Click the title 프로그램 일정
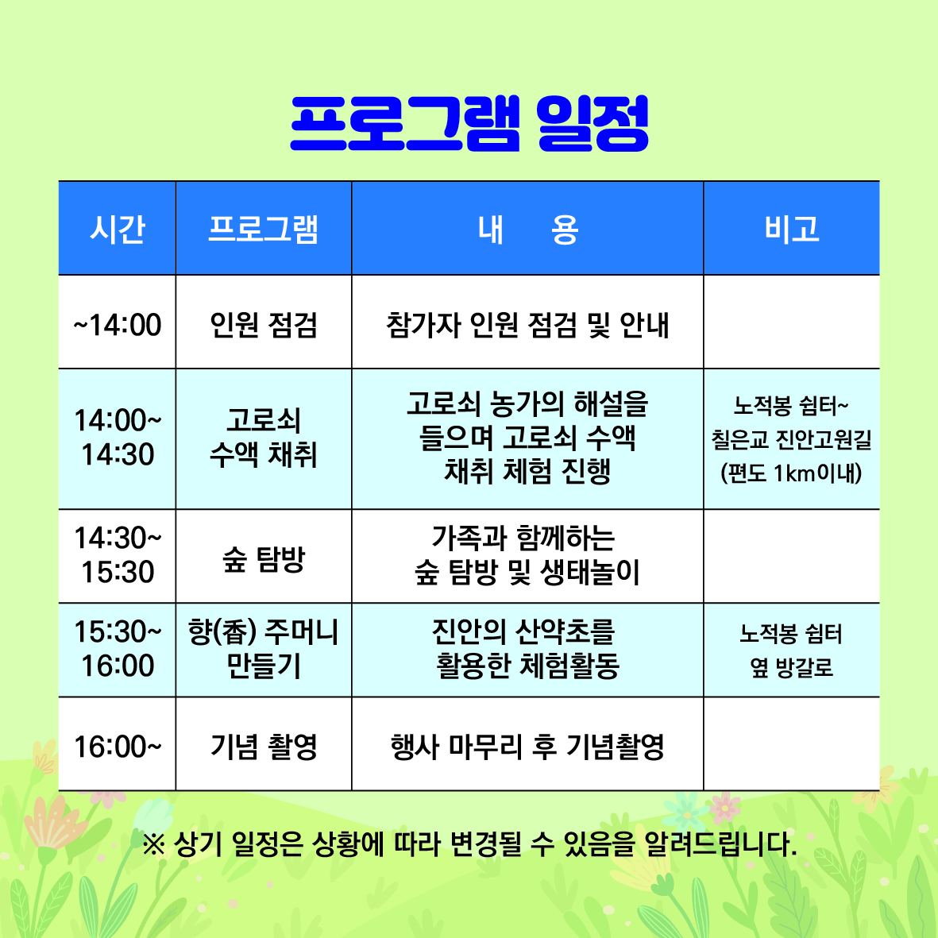pyautogui.click(x=469, y=123)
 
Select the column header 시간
pyautogui.click(x=118, y=229)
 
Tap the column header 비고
pyautogui.click(x=791, y=229)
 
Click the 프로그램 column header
pyautogui.click(x=263, y=229)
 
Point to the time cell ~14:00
pyautogui.click(x=118, y=325)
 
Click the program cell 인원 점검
pyautogui.click(x=263, y=325)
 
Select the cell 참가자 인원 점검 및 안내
pyautogui.click(x=527, y=325)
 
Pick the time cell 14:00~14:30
pyautogui.click(x=118, y=438)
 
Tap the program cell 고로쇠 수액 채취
pyautogui.click(x=263, y=438)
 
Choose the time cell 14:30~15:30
pyautogui.click(x=118, y=554)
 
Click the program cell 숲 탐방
pyautogui.click(x=263, y=559)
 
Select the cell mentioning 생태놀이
pyautogui.click(x=527, y=554)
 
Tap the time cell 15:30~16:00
pyautogui.click(x=118, y=648)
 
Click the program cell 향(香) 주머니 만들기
pyautogui.click(x=263, y=648)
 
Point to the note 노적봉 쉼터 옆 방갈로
pyautogui.click(x=791, y=650)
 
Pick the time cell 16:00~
pyautogui.click(x=118, y=747)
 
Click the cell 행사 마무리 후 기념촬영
pyautogui.click(x=527, y=747)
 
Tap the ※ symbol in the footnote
pyautogui.click(x=154, y=845)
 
